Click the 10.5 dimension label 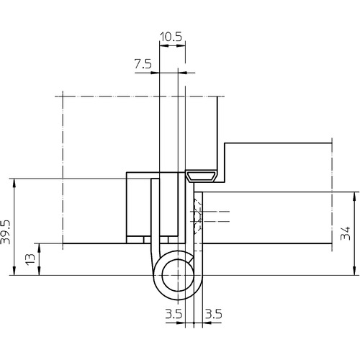(x=171, y=37)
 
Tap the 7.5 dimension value (x=143, y=64)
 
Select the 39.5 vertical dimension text (x=6, y=232)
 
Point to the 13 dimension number (x=30, y=259)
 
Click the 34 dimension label (x=346, y=233)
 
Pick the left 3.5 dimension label (x=174, y=314)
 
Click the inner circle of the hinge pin (x=178, y=275)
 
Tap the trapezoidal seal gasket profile (x=202, y=176)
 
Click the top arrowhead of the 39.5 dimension (x=14, y=182)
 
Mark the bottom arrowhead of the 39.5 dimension (x=14, y=271)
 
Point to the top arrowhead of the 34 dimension (x=354, y=197)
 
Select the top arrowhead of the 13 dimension (x=40, y=248)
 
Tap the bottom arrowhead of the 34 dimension (x=354, y=271)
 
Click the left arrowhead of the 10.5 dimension (x=164, y=46)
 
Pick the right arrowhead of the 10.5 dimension (x=181, y=46)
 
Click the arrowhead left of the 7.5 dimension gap (x=155, y=73)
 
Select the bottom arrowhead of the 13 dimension (x=40, y=271)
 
